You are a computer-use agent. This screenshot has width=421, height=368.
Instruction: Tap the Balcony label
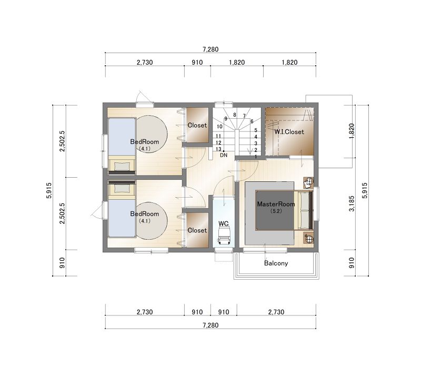pyautogui.click(x=276, y=263)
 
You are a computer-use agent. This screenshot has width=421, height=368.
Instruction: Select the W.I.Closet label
pyautogui.click(x=289, y=132)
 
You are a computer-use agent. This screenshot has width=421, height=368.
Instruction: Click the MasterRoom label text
pyautogui.click(x=276, y=204)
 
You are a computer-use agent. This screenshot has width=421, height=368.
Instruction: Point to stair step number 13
pyautogui.click(x=218, y=149)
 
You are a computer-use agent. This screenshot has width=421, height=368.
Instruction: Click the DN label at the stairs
pyautogui.click(x=224, y=155)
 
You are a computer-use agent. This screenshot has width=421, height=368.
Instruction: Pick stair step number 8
pyautogui.click(x=234, y=115)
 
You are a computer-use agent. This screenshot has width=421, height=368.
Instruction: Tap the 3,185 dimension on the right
pyautogui.click(x=352, y=203)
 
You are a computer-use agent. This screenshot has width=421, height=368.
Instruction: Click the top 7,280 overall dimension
pyautogui.click(x=210, y=49)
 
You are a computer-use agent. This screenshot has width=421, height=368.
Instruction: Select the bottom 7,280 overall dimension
pyautogui.click(x=210, y=325)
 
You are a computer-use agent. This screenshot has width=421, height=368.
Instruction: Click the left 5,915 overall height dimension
pyautogui.click(x=49, y=190)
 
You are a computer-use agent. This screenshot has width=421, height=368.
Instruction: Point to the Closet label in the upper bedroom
pyautogui.click(x=197, y=125)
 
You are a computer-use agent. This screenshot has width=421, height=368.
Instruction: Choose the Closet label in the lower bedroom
pyautogui.click(x=197, y=230)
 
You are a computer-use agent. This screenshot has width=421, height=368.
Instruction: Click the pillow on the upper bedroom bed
pyautogui.click(x=122, y=166)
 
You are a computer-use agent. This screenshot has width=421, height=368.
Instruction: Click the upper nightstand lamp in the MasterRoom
pyautogui.click(x=308, y=182)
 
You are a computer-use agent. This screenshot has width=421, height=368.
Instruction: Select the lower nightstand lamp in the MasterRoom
pyautogui.click(x=308, y=238)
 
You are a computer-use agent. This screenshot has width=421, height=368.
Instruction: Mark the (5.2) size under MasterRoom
pyautogui.click(x=276, y=211)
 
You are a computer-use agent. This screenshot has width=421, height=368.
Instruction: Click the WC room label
pyautogui.click(x=223, y=223)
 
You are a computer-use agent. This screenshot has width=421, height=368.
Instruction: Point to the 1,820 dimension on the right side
pyautogui.click(x=352, y=131)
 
